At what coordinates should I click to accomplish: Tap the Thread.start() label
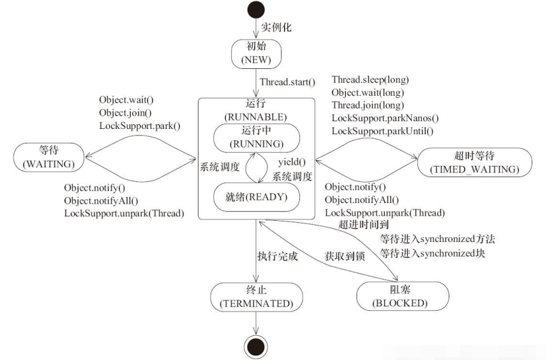pyautogui.click(x=288, y=82)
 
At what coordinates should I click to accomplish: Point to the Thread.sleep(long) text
pyautogui.click(x=370, y=80)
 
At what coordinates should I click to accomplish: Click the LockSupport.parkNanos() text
pyautogui.click(x=385, y=118)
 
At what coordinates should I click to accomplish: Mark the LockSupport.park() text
pyautogui.click(x=139, y=126)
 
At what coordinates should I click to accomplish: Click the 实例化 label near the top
pyautogui.click(x=275, y=27)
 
